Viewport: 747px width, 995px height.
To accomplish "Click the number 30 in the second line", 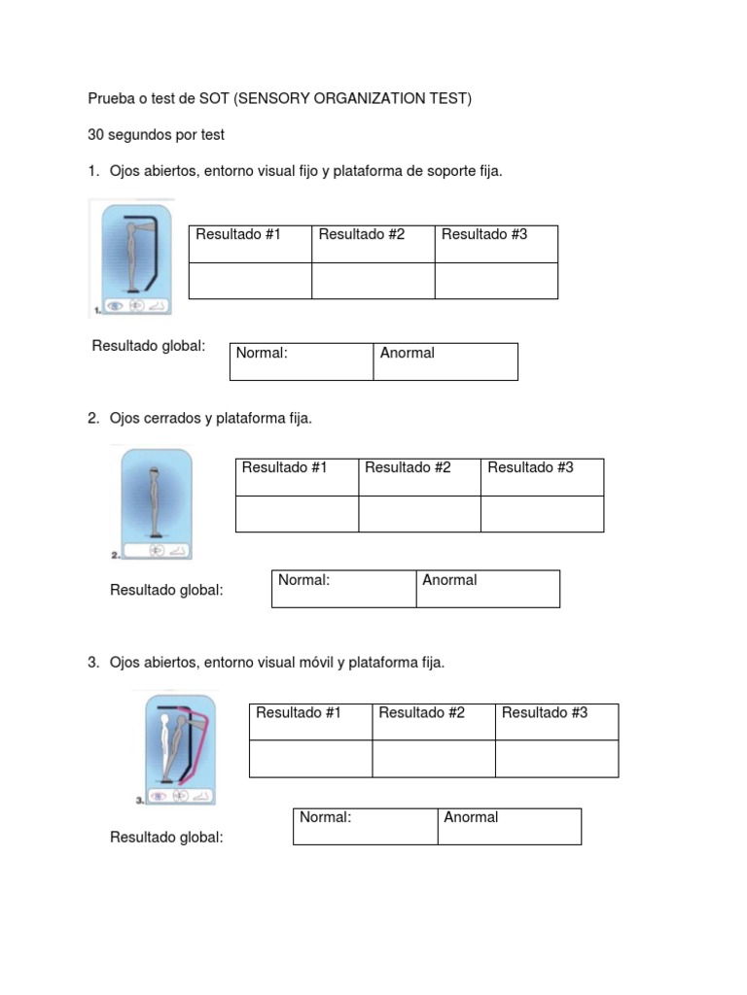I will tap(96, 134).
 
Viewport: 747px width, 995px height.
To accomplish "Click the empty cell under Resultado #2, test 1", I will tap(373, 281).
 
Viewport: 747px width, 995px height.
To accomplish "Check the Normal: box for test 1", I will tap(301, 361).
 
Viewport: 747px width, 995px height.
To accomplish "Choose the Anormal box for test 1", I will tap(445, 361).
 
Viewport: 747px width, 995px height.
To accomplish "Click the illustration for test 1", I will tap(133, 257).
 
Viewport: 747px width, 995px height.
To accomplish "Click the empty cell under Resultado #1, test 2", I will tap(297, 514).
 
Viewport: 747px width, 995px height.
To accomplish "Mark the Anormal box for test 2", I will tap(487, 589).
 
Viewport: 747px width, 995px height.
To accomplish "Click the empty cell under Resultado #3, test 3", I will tap(556, 759).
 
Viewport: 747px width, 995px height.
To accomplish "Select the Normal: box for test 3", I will tap(365, 826).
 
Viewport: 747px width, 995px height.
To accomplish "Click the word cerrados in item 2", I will tap(172, 419).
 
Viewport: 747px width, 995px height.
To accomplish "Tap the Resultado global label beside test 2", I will tap(166, 590).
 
